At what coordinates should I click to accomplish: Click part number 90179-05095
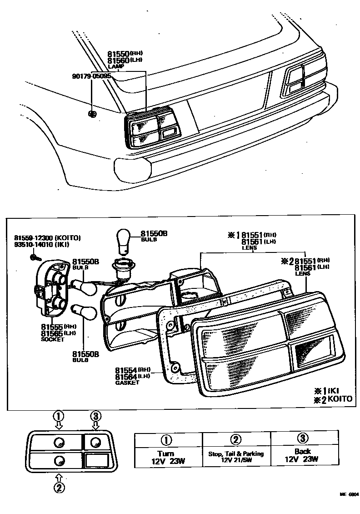tap(91, 76)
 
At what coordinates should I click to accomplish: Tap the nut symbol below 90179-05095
tap(92, 114)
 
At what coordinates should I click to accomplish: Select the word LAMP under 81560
tap(116, 66)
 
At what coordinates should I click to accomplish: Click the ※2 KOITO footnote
tap(332, 399)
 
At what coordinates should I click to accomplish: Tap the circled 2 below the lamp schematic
tap(60, 487)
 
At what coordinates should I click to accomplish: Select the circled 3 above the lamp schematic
tap(95, 415)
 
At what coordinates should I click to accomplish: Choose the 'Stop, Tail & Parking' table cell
tap(236, 456)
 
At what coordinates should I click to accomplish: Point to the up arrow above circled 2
tap(60, 476)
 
